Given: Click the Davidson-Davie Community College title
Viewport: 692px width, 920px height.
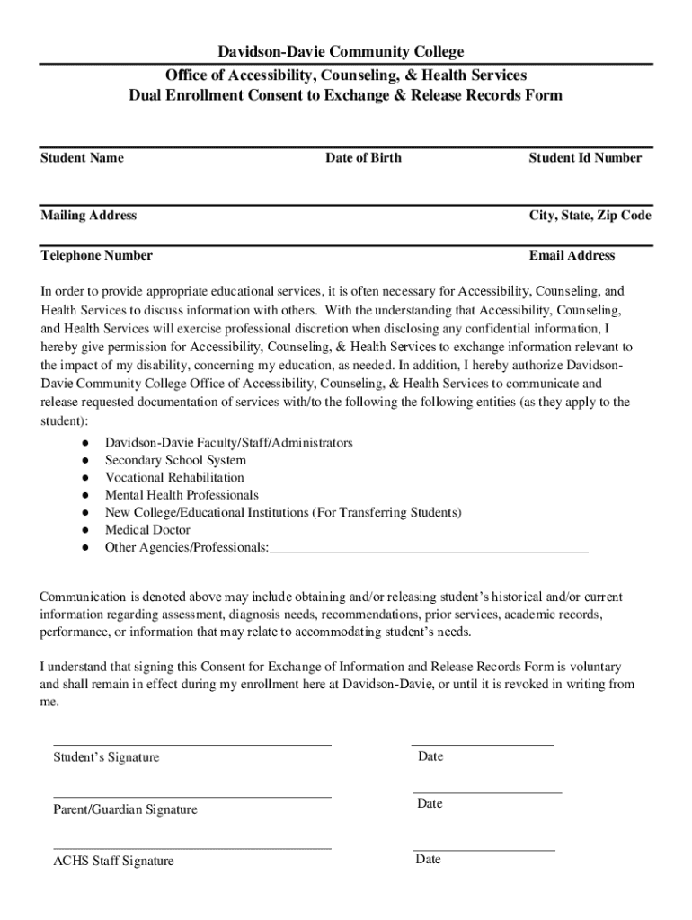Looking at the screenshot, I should tap(345, 52).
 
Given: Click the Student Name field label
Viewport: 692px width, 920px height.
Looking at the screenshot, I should tap(82, 158).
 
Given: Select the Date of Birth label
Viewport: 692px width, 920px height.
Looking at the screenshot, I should tap(363, 158).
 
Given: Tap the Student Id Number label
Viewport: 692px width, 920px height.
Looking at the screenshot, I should tap(585, 158).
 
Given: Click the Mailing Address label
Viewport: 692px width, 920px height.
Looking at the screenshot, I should tap(88, 216).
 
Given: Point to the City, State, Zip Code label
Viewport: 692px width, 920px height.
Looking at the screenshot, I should tap(590, 216).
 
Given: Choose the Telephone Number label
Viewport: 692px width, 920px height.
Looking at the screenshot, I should tap(96, 256).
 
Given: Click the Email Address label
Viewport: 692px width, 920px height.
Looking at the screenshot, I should tap(572, 256).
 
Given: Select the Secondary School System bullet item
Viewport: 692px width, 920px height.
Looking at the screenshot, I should tap(175, 461).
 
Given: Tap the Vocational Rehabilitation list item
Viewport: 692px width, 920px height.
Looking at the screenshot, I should tap(174, 478).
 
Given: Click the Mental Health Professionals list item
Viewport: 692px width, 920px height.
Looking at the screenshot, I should tap(182, 495).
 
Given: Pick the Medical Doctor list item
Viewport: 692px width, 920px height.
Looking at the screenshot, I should tap(147, 530).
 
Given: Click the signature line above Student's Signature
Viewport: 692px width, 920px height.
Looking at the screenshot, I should tap(192, 744).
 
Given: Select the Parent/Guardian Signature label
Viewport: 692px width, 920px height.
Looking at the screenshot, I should tap(125, 810).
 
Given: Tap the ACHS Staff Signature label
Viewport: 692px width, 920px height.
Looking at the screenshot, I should tap(113, 862).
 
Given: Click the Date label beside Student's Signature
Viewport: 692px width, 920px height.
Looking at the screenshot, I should tap(430, 757).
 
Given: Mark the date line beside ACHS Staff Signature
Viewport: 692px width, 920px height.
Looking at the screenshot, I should tap(484, 849).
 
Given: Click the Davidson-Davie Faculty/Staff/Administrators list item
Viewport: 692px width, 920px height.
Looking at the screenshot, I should tap(228, 444).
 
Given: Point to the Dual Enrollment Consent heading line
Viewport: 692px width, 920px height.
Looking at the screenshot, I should tap(345, 96).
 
